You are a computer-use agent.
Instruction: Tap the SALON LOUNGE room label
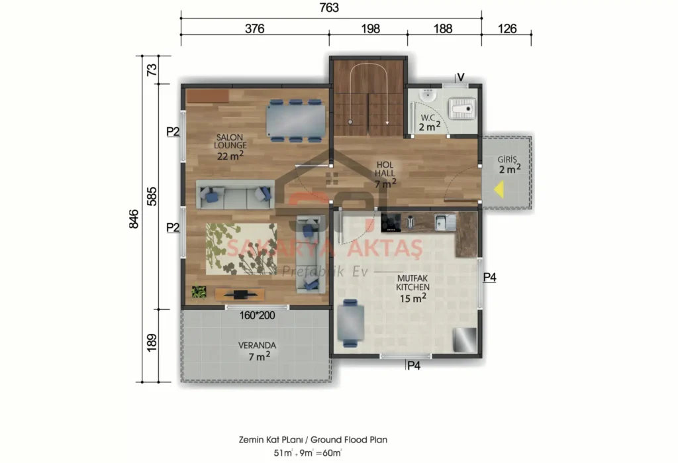pos(230,146)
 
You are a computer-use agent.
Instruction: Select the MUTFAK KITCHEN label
pos(412,288)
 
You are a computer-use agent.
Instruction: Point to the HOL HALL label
pos(385,173)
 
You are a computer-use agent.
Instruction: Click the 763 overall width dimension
pos(328,8)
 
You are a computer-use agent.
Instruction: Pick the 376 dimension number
pos(255,28)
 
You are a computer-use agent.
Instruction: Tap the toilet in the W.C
pos(461,105)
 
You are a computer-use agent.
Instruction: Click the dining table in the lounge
pos(295,121)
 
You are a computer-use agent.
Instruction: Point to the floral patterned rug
pos(242,248)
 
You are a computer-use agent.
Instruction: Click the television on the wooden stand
pos(238,293)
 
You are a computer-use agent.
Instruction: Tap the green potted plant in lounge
pos(199,291)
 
